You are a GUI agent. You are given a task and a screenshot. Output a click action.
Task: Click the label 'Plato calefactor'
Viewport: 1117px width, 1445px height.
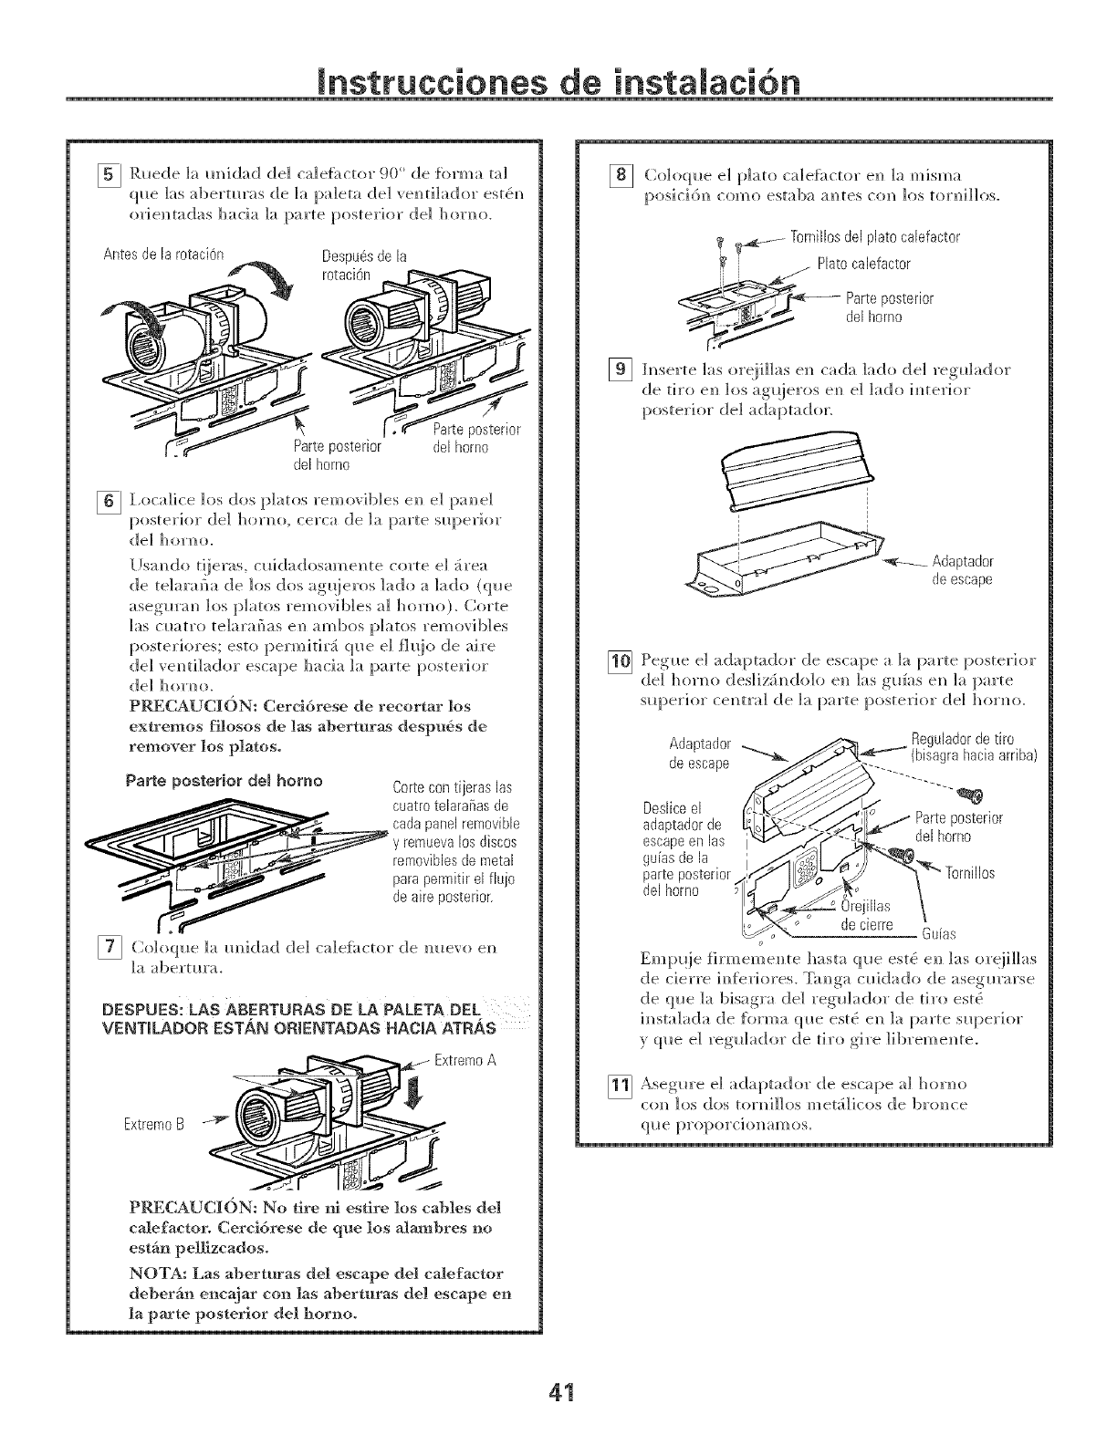(x=863, y=264)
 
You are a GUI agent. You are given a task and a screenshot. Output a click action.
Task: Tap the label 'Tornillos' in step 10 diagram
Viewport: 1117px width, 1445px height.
(x=968, y=873)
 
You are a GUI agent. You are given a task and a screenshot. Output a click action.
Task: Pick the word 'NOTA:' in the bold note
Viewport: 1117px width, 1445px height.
(x=164, y=1273)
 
